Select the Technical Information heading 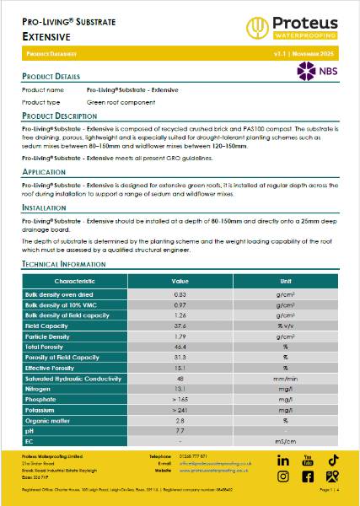(64, 264)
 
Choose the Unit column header (286, 280)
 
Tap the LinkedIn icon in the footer (283, 460)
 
